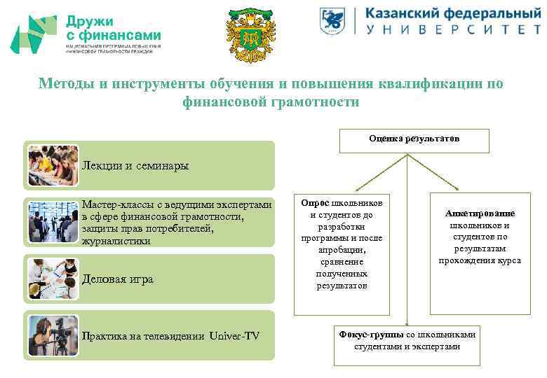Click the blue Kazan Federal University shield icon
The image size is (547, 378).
coord(334,22)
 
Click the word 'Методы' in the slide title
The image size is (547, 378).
coord(67,84)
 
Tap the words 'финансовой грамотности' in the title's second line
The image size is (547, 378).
coord(270,102)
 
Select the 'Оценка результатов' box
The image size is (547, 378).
coord(414,139)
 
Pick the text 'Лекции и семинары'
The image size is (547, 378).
coord(135,166)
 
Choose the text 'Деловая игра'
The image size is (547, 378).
coord(117,279)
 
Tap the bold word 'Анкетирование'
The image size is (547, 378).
coord(480,213)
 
